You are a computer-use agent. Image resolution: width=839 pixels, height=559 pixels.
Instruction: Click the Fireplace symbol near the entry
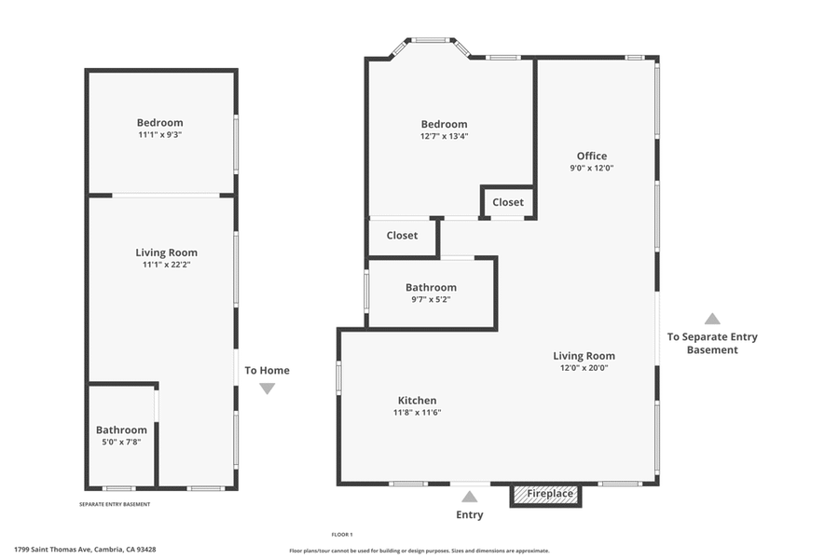tap(545, 494)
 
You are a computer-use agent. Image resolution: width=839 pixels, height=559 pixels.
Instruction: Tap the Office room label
tap(591, 156)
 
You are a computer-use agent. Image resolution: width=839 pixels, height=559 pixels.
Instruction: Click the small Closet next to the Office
tap(508, 202)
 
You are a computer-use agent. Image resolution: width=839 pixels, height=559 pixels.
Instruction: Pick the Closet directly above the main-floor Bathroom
tap(402, 236)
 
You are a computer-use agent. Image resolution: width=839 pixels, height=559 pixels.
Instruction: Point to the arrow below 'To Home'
tap(267, 389)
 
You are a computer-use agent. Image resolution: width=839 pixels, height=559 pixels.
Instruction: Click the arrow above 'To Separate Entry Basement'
tap(712, 319)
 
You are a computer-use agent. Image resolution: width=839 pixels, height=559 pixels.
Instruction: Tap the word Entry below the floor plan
tap(470, 515)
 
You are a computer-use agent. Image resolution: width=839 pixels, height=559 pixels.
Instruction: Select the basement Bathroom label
tap(121, 429)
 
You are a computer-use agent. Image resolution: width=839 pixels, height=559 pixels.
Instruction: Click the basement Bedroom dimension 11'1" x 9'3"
tap(159, 135)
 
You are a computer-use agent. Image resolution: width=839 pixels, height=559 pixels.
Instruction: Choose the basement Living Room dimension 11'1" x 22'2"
tap(166, 265)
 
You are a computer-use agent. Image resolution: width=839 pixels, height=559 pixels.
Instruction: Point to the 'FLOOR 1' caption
tap(342, 534)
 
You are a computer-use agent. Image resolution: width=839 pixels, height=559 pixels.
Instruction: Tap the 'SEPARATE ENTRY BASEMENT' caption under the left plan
tap(115, 504)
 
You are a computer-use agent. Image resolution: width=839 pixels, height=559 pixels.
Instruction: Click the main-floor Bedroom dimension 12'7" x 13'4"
tap(444, 136)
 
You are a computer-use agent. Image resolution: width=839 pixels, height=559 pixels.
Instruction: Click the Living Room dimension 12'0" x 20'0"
tap(584, 368)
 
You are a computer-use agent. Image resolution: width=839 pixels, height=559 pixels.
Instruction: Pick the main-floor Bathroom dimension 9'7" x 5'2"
tap(431, 300)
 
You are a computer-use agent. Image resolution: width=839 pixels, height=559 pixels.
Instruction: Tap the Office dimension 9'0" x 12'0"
tap(591, 169)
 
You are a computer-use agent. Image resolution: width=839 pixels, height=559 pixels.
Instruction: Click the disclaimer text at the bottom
tap(419, 550)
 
